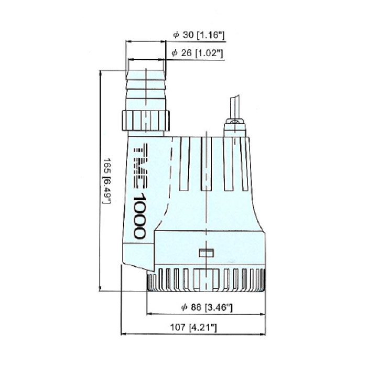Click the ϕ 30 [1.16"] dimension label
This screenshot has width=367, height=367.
199,35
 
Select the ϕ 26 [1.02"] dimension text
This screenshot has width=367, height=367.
197,53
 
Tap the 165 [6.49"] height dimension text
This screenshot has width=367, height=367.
107,181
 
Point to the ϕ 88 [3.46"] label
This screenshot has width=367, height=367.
207,307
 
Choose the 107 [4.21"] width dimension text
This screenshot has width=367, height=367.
193,327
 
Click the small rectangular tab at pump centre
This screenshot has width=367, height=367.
206,253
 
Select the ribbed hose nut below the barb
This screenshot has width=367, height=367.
146,120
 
